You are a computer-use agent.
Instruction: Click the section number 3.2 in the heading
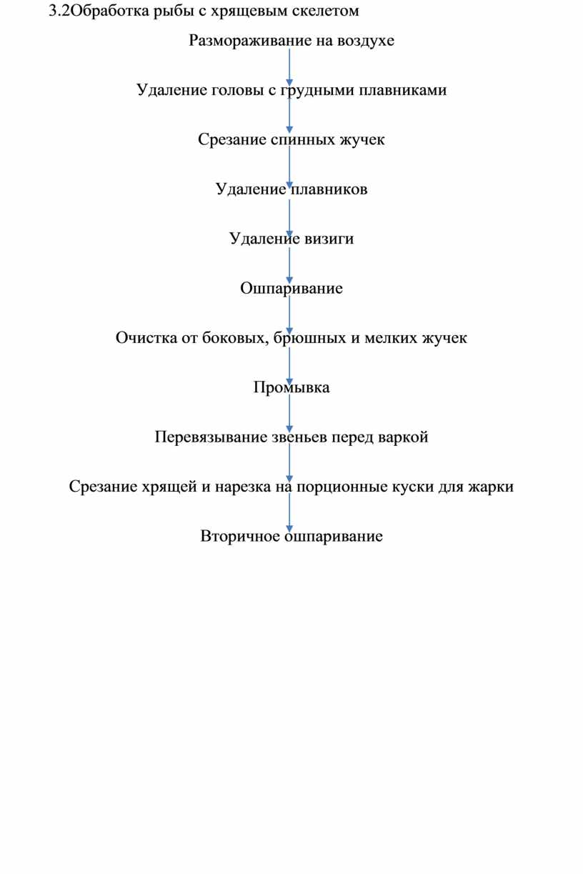(59, 11)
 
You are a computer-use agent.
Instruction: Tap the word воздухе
(366, 41)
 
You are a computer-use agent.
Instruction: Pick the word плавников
(329, 189)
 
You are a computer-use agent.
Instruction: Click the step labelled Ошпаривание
(291, 289)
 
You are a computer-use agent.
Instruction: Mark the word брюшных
(309, 338)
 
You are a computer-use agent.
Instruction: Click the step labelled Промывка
(291, 387)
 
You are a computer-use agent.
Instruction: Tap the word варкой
(403, 437)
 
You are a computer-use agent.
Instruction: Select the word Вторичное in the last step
(240, 537)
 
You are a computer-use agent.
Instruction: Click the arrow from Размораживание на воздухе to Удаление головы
(289, 67)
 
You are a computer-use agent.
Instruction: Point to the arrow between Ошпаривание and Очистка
(289, 315)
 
